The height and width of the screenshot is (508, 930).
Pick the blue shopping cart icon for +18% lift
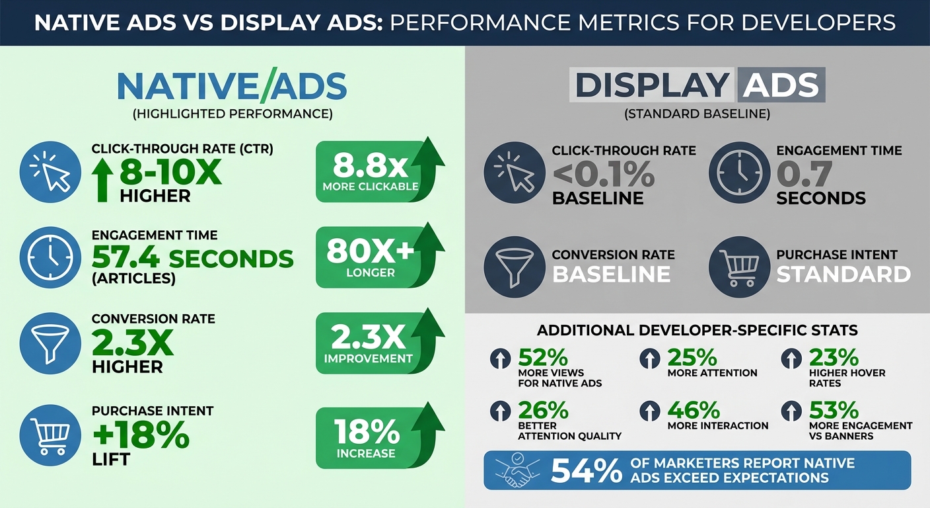(50, 435)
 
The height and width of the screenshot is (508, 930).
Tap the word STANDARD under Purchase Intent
(843, 274)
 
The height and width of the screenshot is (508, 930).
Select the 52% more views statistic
(543, 358)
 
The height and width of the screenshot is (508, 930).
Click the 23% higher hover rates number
(834, 358)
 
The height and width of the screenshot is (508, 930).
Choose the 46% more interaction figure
(692, 410)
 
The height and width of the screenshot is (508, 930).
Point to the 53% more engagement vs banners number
(834, 410)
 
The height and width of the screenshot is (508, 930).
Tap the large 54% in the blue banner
(586, 470)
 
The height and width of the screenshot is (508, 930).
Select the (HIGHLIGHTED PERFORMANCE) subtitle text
(232, 114)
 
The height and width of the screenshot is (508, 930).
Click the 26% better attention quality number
(543, 410)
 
